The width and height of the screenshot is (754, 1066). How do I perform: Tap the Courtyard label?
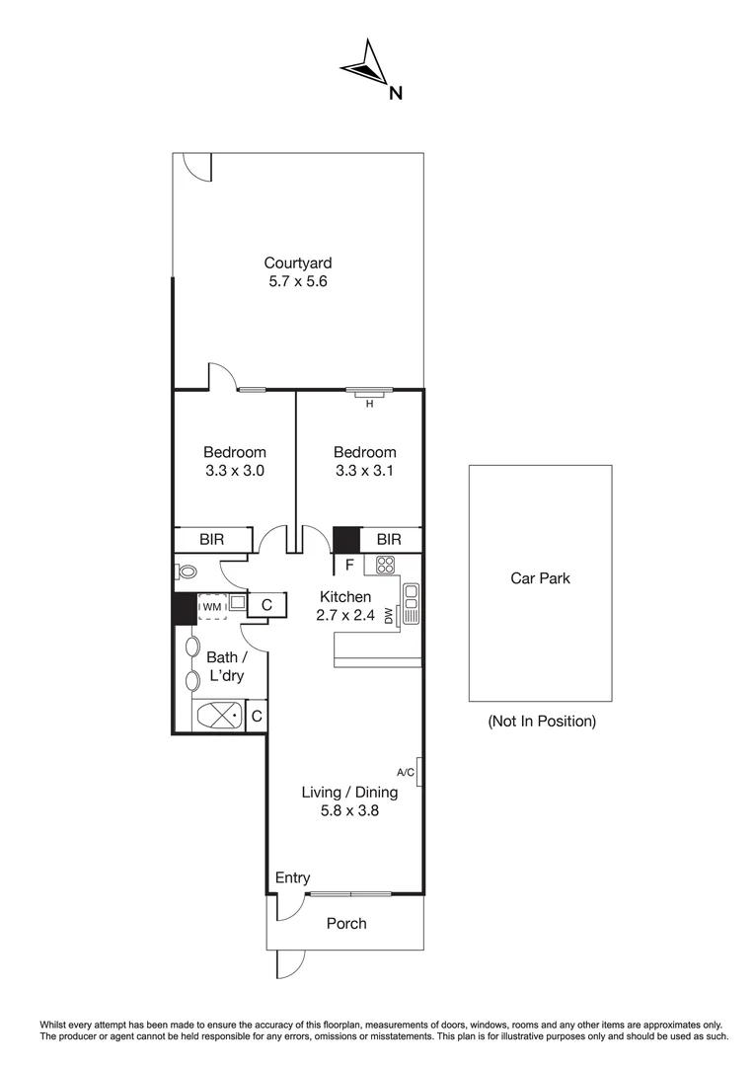click(297, 263)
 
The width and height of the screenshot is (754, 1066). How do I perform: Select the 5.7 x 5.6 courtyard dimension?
click(297, 281)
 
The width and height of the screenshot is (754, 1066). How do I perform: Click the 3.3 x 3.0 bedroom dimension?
click(235, 471)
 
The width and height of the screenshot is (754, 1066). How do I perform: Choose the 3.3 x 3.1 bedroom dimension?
click(364, 471)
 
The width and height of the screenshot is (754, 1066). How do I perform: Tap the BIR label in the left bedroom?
click(211, 540)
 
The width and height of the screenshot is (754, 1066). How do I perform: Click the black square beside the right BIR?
click(345, 541)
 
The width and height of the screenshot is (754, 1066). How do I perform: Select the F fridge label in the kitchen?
click(348, 566)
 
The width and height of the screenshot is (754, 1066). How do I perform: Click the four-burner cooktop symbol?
click(385, 566)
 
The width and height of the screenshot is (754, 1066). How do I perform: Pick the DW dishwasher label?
click(389, 615)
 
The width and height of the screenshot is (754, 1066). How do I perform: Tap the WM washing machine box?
click(211, 605)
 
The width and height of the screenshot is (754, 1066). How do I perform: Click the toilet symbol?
click(186, 571)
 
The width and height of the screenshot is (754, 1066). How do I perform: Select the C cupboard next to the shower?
click(255, 717)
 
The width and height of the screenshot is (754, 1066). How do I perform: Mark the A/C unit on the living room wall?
click(420, 772)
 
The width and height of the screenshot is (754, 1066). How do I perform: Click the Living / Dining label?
click(349, 792)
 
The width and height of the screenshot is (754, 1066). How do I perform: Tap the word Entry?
click(292, 877)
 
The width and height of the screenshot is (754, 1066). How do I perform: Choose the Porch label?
click(345, 923)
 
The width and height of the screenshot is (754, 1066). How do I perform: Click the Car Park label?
click(540, 579)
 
